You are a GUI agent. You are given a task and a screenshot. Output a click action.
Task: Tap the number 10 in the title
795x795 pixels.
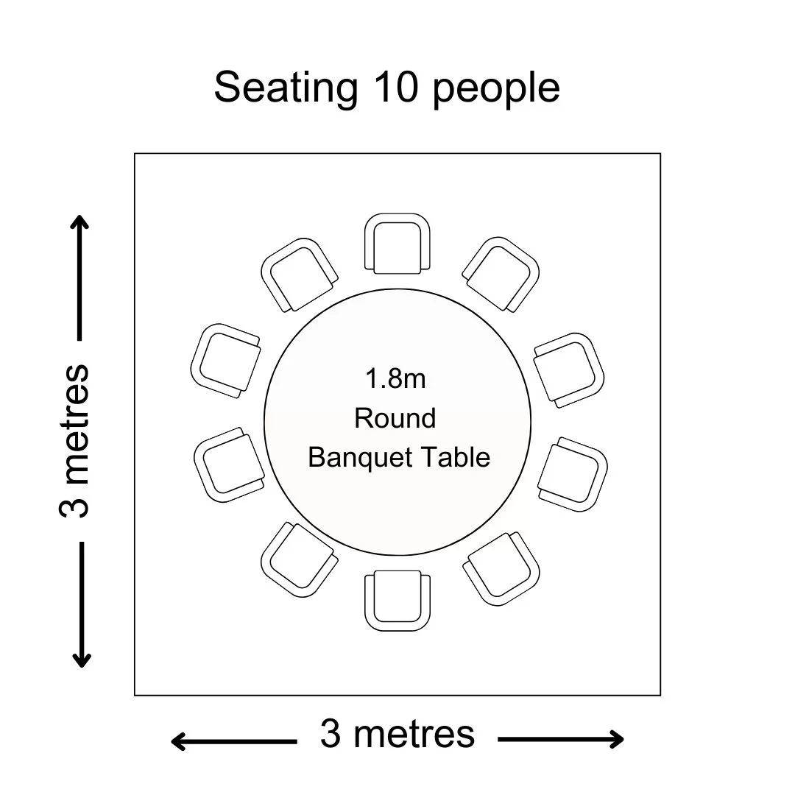click(x=395, y=87)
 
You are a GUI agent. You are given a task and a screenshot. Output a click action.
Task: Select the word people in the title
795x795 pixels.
click(x=496, y=91)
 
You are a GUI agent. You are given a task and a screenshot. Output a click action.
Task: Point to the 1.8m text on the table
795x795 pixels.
click(x=395, y=379)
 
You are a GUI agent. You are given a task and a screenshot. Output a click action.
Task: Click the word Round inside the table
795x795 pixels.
click(x=395, y=418)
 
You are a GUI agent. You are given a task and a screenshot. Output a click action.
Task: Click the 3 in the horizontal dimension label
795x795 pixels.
click(x=331, y=733)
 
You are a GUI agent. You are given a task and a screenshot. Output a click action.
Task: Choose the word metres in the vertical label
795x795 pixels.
click(x=74, y=424)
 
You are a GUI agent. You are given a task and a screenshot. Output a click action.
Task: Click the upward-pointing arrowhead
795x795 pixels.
click(x=79, y=222)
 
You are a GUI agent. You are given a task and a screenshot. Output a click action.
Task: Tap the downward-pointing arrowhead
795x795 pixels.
click(x=81, y=660)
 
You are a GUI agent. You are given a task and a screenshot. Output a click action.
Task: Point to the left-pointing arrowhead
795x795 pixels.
click(x=178, y=742)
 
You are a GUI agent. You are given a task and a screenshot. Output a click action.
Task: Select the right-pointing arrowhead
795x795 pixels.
click(x=617, y=739)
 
